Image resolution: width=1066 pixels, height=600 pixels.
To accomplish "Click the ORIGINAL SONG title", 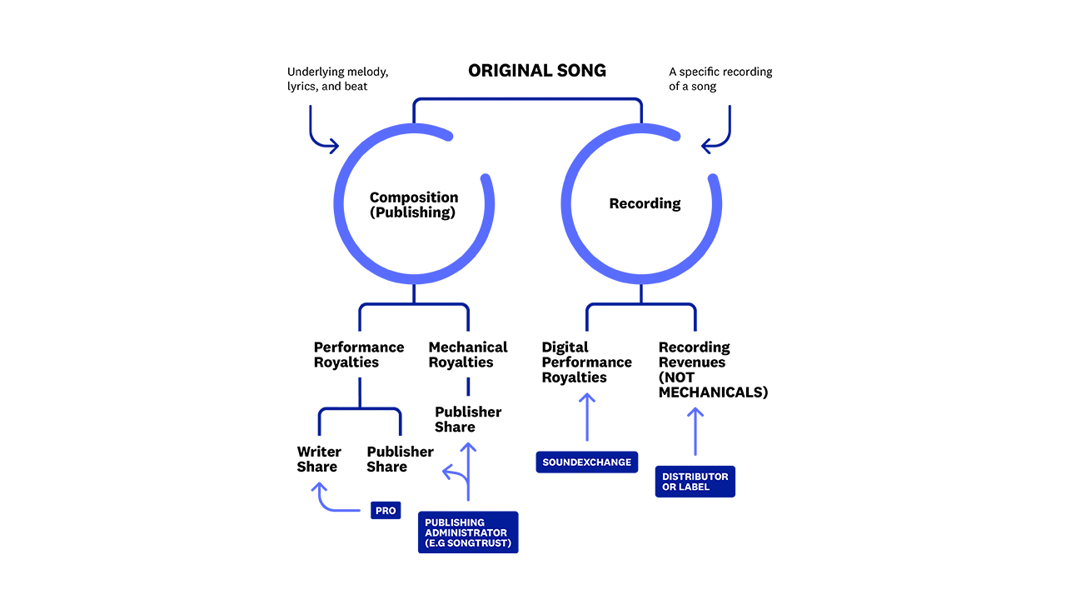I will tap(537, 71).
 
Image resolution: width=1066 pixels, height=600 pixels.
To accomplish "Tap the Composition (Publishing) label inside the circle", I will tap(414, 205).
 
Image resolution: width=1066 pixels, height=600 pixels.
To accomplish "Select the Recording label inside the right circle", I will tap(645, 203).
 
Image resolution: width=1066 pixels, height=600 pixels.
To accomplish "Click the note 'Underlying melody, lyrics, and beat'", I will tap(338, 79).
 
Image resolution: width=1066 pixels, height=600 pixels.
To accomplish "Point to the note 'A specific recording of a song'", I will tap(720, 79).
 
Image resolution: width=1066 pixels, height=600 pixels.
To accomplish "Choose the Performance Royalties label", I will tap(359, 355).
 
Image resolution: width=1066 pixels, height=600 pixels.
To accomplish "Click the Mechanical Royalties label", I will tap(467, 355).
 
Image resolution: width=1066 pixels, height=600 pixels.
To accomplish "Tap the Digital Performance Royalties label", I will tap(586, 362).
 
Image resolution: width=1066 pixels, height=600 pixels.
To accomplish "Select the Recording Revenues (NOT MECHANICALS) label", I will tap(713, 369).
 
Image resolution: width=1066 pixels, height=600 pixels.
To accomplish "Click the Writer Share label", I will tap(319, 459).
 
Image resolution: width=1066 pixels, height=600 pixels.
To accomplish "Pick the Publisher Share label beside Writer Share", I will tap(400, 459).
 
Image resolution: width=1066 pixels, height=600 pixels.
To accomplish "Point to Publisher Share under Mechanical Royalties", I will tap(468, 419).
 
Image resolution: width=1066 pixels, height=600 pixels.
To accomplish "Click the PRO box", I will tap(386, 510).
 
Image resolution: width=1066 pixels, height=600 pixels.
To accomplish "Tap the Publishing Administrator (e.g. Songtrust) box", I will tap(467, 532).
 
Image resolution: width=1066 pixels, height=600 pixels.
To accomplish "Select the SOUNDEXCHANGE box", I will tap(586, 462).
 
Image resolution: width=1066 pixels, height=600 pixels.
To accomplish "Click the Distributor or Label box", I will tap(695, 482).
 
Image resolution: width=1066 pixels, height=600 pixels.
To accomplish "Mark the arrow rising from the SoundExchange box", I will tap(587, 417).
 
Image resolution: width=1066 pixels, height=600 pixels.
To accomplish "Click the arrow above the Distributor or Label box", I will tap(695, 431).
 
